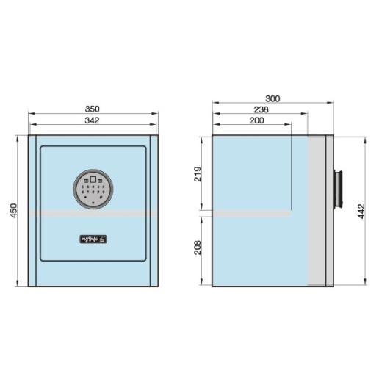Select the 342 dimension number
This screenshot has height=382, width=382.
pos(93,120)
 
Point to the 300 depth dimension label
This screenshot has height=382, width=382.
pos(273,98)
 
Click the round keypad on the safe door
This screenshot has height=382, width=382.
pos(93,190)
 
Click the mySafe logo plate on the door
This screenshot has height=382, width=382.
pos(93,239)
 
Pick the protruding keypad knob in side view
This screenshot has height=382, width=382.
pos(340,190)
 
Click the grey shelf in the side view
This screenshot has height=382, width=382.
pos(251,213)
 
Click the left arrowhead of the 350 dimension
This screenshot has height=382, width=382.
pos(31,114)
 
